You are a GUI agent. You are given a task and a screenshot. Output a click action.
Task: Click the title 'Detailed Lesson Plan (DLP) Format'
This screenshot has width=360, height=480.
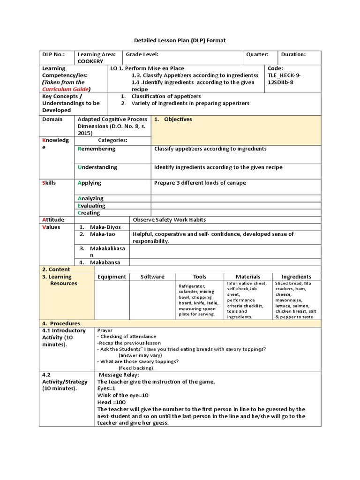point(180,41)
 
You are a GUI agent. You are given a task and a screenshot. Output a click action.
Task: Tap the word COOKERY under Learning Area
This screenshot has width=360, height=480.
point(91,61)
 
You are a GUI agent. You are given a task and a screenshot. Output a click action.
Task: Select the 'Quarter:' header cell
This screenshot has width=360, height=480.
point(257,54)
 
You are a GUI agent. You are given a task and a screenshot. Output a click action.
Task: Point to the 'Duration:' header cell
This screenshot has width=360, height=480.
point(293,54)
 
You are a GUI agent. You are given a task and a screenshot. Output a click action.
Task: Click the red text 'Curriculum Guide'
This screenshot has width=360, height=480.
point(66,89)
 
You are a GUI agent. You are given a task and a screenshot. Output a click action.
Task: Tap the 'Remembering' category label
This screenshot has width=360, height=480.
point(97,149)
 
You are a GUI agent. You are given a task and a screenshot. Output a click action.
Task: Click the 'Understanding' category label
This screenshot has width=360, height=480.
point(97,167)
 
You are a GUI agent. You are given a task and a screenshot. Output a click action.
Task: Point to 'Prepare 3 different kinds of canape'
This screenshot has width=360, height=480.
point(200,183)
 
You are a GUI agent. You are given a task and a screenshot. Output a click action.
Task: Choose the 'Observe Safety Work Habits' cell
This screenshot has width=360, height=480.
point(169,219)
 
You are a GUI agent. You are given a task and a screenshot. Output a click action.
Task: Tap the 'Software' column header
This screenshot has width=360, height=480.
point(152,277)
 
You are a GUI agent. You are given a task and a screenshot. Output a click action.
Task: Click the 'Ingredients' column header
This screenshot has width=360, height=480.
point(296,277)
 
